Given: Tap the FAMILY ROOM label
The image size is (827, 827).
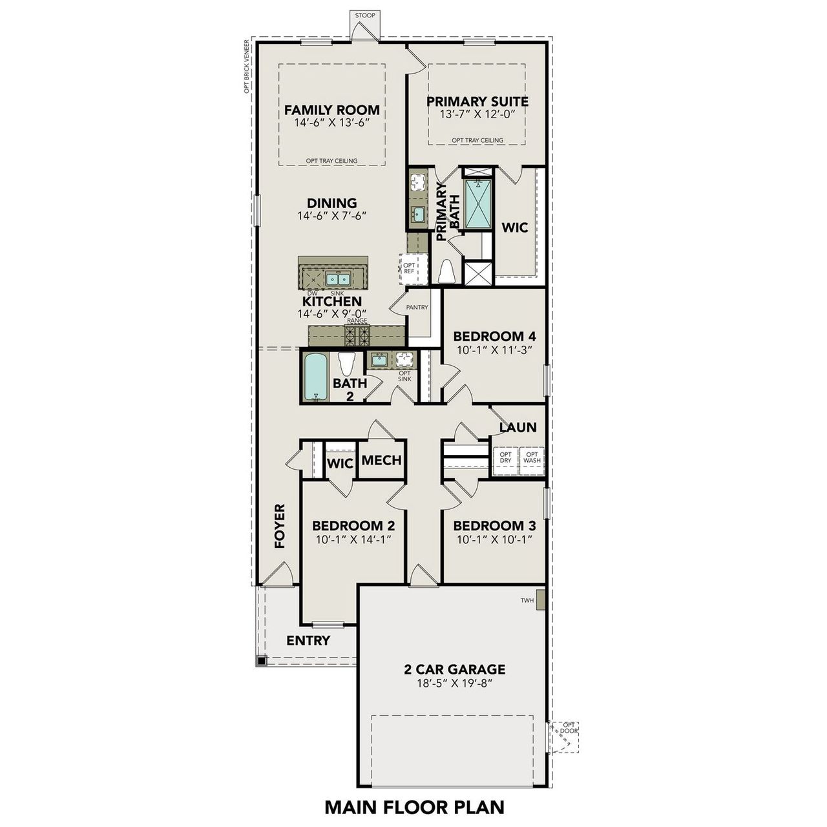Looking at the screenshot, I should click(332, 110).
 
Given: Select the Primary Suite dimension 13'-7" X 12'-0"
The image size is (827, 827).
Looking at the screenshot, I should click(477, 114).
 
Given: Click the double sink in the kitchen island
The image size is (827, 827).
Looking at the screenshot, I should click(337, 279).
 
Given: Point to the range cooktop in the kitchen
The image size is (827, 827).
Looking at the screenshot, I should click(357, 335).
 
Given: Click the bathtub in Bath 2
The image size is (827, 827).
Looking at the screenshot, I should click(316, 376).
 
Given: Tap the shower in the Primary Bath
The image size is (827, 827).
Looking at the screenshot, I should click(477, 203).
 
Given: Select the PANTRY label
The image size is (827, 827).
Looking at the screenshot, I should click(417, 308).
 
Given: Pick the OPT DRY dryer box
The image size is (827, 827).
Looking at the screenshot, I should click(505, 457).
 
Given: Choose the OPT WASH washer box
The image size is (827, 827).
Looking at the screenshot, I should click(532, 457).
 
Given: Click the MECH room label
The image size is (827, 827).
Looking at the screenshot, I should click(381, 461).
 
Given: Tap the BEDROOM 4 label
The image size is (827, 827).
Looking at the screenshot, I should click(494, 337).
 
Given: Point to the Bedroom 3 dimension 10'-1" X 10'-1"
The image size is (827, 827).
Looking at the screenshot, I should click(494, 539).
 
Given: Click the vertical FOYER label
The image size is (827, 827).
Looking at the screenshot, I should click(280, 526).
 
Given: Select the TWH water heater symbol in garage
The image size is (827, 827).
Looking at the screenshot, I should click(541, 600).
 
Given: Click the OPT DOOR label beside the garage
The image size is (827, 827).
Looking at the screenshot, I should click(569, 728).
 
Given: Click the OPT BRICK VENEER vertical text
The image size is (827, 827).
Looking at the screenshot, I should click(246, 67).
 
